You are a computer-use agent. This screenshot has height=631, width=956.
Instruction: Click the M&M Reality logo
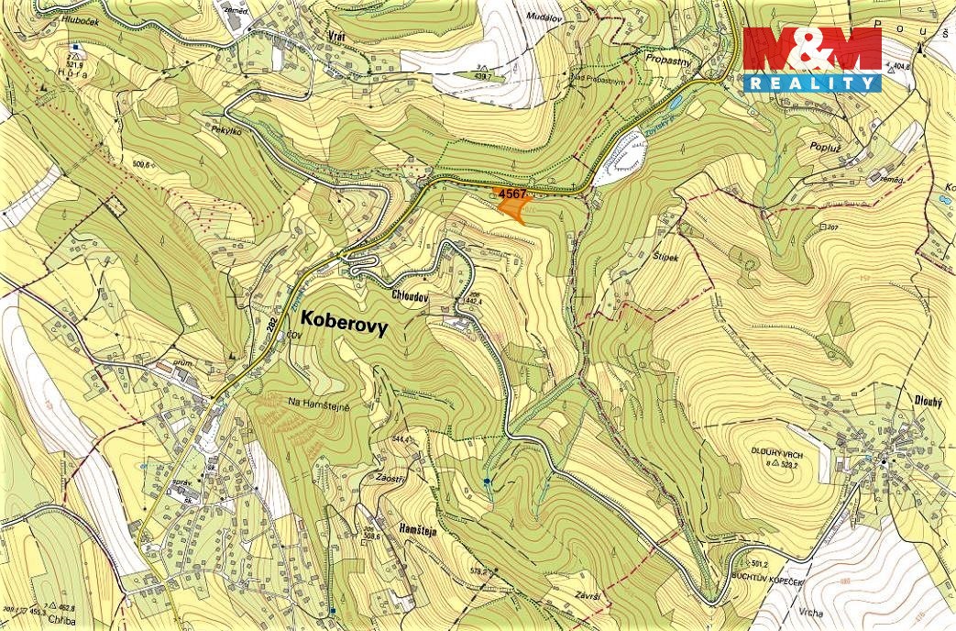(812, 59)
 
